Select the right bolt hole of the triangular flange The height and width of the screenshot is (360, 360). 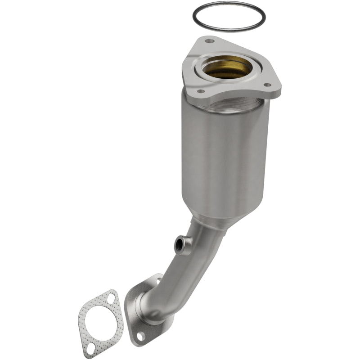click(267, 85)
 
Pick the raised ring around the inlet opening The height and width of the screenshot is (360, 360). click(247, 76)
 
